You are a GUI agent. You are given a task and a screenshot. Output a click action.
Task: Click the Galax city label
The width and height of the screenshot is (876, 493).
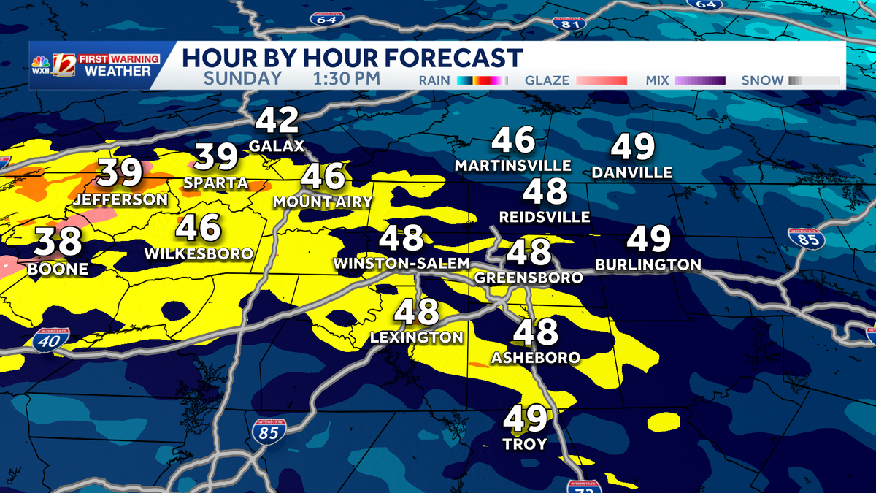pos(276,146)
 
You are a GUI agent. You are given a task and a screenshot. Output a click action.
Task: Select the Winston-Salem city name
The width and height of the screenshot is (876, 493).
pos(401,263)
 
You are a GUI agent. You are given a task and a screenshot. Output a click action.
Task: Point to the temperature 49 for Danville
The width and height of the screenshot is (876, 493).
pos(632,148)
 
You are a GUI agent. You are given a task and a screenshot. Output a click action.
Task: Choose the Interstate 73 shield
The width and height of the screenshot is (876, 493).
pos(583,486)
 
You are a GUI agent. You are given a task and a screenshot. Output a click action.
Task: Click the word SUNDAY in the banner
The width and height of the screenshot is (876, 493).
pos(242,79)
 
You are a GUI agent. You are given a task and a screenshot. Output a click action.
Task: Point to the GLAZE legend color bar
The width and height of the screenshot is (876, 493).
pos(602,80)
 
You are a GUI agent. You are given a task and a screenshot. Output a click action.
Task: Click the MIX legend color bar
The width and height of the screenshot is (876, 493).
pos(699,80)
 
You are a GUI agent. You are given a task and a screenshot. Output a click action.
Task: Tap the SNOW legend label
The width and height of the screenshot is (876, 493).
pos(762,80)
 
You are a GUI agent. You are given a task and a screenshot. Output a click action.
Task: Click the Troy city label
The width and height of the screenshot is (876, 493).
pos(525,444)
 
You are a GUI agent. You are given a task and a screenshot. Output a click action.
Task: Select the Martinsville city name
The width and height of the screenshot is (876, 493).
pos(512,166)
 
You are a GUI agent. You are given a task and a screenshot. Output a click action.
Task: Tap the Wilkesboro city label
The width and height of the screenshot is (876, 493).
pos(199,254)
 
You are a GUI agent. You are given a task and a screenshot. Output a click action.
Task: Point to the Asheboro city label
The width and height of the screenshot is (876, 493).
pos(536,358)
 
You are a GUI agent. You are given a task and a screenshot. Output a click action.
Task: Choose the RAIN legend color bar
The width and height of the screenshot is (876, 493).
pos(481,80)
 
